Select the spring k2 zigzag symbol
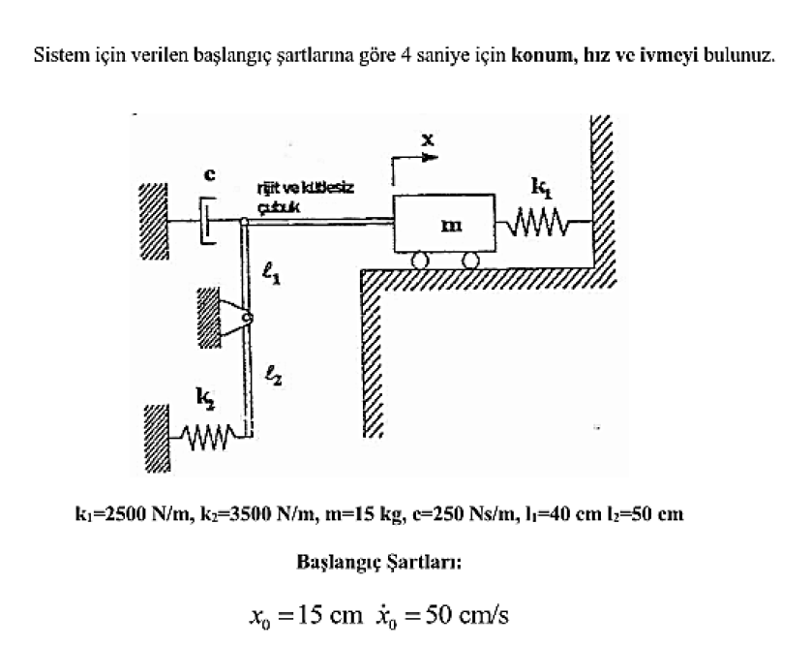206,434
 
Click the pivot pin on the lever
248,318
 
